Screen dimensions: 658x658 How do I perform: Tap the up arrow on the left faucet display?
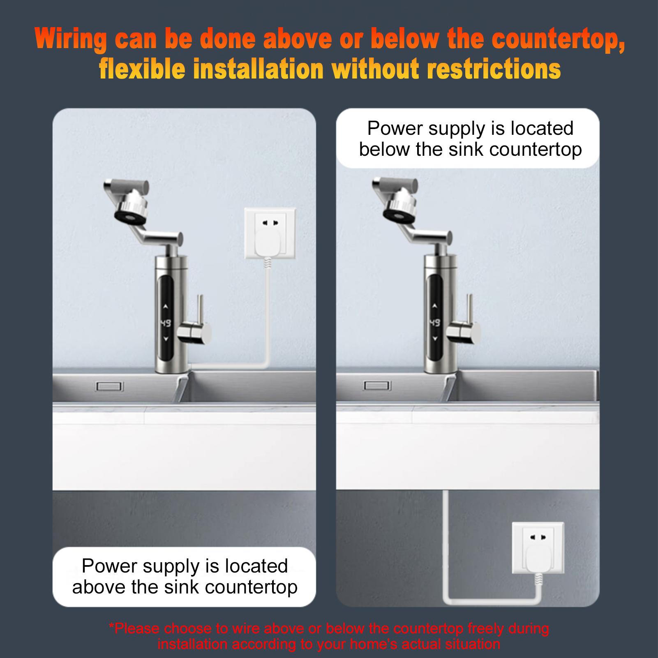[x=165, y=306]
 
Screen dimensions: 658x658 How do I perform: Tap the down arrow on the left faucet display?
[x=166, y=339]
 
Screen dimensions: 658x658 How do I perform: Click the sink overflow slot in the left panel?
[x=109, y=386]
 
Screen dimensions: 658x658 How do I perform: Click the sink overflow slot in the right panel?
[x=377, y=386]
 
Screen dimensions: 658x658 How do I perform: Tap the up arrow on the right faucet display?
[x=434, y=306]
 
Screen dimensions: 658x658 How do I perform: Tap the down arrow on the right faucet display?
[x=434, y=339]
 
